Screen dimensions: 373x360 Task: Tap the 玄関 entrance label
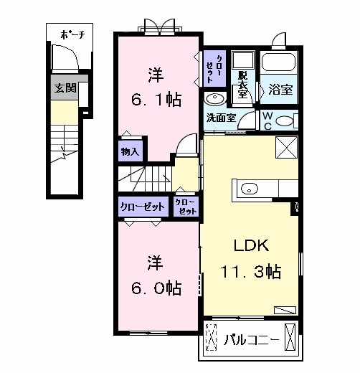pyautogui.click(x=62, y=89)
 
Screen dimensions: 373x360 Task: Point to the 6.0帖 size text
pyautogui.click(x=155, y=288)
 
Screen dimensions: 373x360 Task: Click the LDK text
pyautogui.click(x=250, y=245)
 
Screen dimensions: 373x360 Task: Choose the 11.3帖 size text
pyautogui.click(x=250, y=272)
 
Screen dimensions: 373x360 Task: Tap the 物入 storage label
pyautogui.click(x=129, y=152)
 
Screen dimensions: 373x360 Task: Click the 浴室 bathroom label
pyautogui.click(x=278, y=90)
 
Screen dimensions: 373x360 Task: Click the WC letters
pyautogui.click(x=267, y=120)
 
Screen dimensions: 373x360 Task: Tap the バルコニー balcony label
pyautogui.click(x=250, y=337)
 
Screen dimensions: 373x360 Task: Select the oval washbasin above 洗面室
pyautogui.click(x=214, y=99)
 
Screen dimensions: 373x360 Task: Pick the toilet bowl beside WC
pyautogui.click(x=285, y=121)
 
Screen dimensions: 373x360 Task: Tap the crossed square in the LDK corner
pyautogui.click(x=285, y=148)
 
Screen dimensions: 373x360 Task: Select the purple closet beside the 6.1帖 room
pyautogui.click(x=213, y=68)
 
